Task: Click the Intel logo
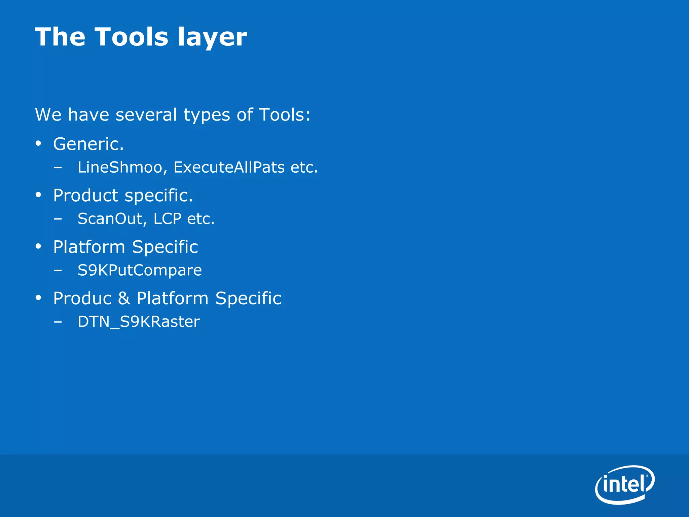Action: click(624, 485)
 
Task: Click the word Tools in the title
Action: click(131, 37)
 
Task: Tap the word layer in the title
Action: click(212, 38)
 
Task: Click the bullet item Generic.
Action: click(88, 144)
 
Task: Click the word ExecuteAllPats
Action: click(229, 167)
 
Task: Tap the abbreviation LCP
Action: click(167, 219)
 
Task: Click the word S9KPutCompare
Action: click(140, 270)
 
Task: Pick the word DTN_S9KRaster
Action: click(139, 322)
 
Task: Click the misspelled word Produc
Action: click(82, 299)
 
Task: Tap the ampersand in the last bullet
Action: click(124, 299)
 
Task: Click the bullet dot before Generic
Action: click(38, 144)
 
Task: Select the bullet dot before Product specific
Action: click(38, 195)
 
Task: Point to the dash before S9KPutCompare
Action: click(58, 270)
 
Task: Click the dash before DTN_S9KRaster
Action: click(58, 322)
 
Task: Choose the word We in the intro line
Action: click(48, 115)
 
